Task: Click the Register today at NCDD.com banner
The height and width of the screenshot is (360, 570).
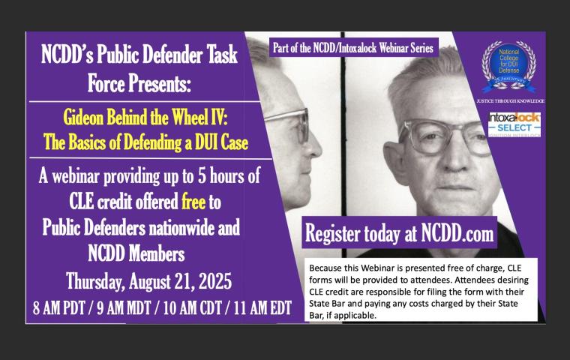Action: click(399, 233)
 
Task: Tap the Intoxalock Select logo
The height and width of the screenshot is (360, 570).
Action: click(514, 124)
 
